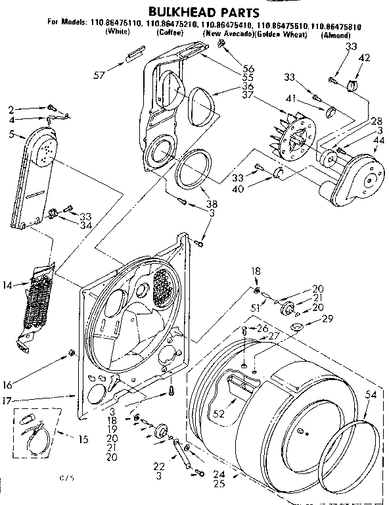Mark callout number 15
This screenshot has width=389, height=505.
point(64,439)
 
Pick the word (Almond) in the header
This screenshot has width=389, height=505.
point(335,34)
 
